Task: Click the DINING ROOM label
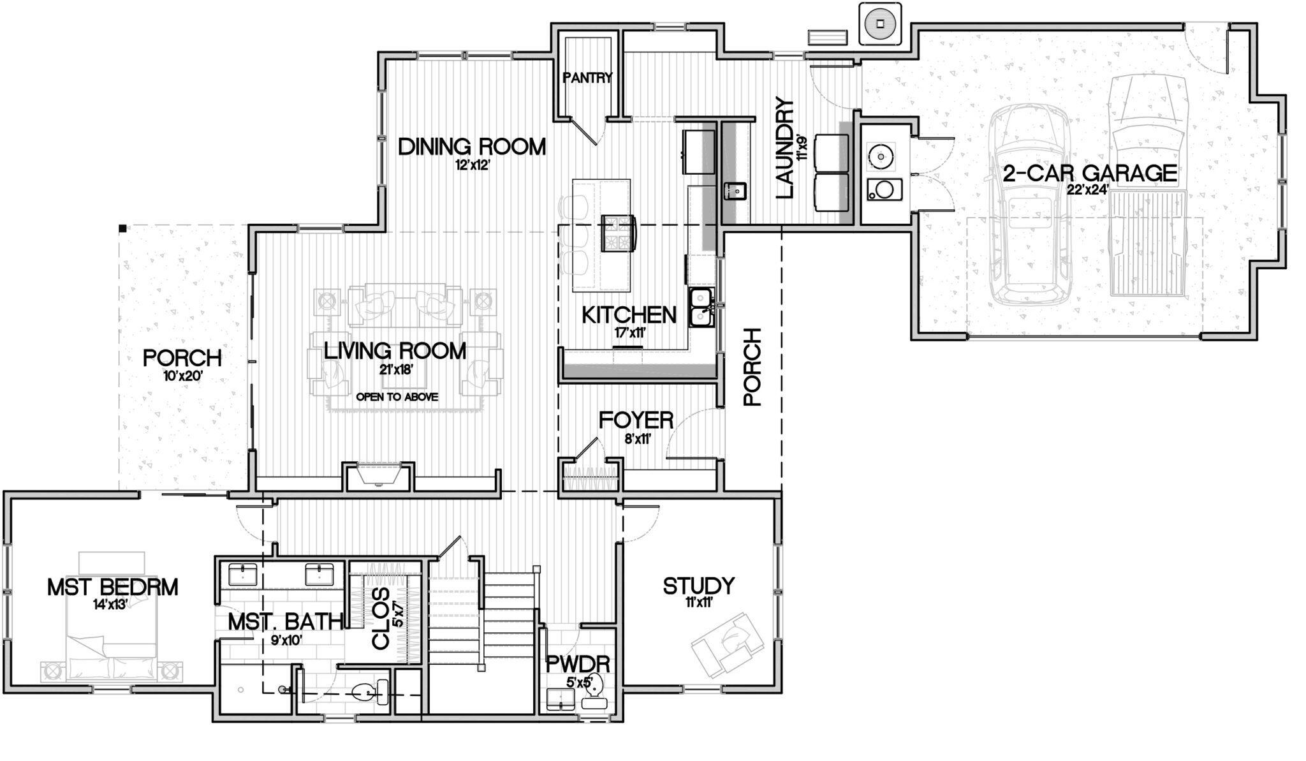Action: [472, 147]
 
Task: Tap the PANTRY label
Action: [587, 78]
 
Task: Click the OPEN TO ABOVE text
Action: [397, 397]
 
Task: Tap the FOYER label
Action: [636, 420]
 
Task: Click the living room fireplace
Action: [379, 475]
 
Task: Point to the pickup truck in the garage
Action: [1148, 191]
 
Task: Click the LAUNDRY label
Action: [785, 149]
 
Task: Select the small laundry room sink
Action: [736, 190]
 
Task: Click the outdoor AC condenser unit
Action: [881, 24]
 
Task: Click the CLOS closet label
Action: [381, 619]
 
